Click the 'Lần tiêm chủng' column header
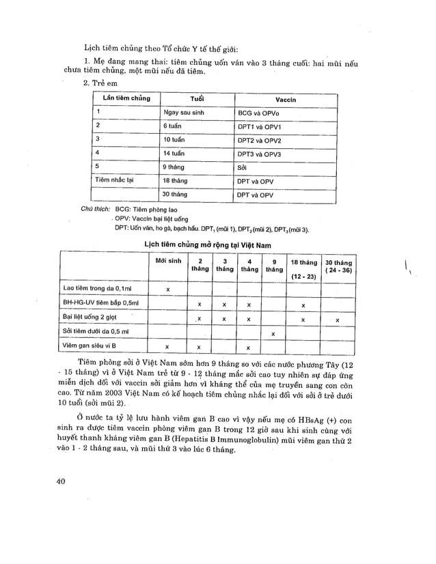pos(122,98)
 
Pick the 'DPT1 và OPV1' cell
pos(260,126)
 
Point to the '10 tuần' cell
pos(174,140)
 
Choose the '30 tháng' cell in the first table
pos(175,195)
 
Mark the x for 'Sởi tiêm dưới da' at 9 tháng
pos(273,334)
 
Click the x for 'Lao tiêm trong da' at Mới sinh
pos(168,290)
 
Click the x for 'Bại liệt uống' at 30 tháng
pos(337,319)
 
